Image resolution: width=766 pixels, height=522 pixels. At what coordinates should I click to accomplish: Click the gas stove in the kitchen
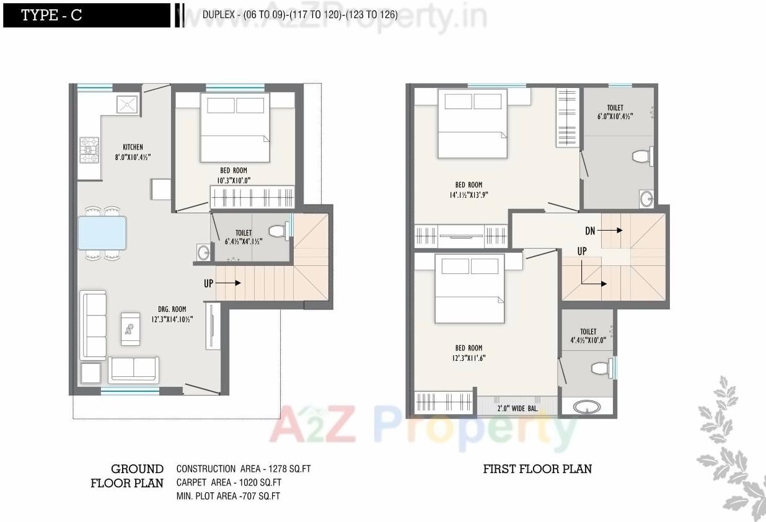click(90, 151)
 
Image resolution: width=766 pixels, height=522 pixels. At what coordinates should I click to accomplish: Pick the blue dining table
click(102, 232)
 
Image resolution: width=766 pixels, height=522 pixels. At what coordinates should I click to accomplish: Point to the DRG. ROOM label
click(171, 309)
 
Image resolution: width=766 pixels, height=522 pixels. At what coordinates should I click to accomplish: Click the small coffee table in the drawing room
click(131, 329)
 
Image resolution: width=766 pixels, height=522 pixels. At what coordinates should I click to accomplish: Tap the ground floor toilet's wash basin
click(203, 252)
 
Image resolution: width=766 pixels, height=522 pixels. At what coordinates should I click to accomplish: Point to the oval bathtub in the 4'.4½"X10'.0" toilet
click(586, 407)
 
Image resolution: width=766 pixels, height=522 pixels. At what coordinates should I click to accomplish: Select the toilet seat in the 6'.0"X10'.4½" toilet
click(642, 156)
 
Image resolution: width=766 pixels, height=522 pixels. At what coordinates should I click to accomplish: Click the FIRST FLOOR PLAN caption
click(537, 469)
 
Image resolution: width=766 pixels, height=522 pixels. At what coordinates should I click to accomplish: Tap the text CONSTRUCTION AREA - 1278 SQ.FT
click(243, 469)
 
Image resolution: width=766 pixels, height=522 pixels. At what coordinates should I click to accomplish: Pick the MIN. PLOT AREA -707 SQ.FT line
click(228, 496)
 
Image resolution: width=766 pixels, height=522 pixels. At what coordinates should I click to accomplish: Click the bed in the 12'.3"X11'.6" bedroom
click(469, 289)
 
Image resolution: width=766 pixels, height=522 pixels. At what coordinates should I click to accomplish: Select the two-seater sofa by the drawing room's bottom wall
click(134, 369)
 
